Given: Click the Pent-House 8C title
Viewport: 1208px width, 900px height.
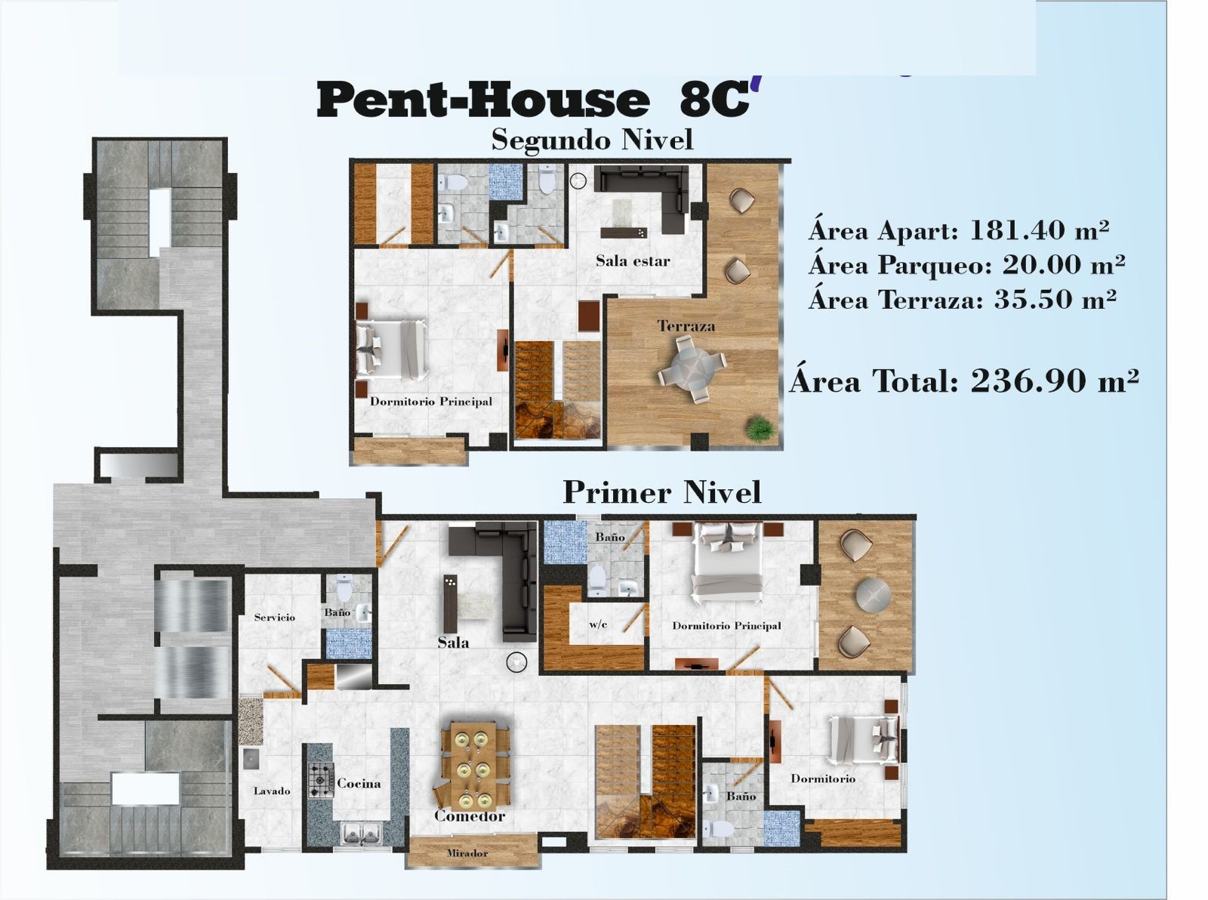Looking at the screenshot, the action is pos(535,99).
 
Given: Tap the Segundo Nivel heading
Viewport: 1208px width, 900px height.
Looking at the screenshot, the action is pos(592,140).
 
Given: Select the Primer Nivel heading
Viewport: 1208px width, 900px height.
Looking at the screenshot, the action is pos(661,492).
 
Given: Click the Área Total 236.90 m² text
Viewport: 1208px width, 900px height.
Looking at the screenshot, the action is pos(964,380).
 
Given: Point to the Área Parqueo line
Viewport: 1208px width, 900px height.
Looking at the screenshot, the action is pos(966,265).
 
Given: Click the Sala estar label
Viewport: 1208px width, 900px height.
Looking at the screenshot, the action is pos(633,261).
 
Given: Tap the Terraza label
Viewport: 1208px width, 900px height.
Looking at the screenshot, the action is pos(686,326).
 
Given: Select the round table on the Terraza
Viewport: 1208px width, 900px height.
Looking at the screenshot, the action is pos(692,368).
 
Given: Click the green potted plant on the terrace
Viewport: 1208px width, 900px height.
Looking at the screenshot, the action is pos(760,428).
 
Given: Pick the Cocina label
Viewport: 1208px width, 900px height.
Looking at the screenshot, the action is pos(359,784).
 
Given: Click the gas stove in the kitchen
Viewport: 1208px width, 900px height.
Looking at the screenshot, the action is pos(321,780).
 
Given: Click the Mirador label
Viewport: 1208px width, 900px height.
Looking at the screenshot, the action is pos(467,854).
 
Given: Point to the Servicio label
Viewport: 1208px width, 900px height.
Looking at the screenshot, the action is pos(275,618).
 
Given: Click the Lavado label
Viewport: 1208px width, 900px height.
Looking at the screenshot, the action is pos(271,791).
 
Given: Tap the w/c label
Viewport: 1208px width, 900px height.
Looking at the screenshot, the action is pos(598,625).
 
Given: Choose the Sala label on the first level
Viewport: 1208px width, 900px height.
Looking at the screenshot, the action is pos(453,643).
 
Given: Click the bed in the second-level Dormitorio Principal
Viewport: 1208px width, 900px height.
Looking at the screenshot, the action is pos(391,350).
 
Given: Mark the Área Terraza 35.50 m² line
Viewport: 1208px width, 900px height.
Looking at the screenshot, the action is pos(963,299).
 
